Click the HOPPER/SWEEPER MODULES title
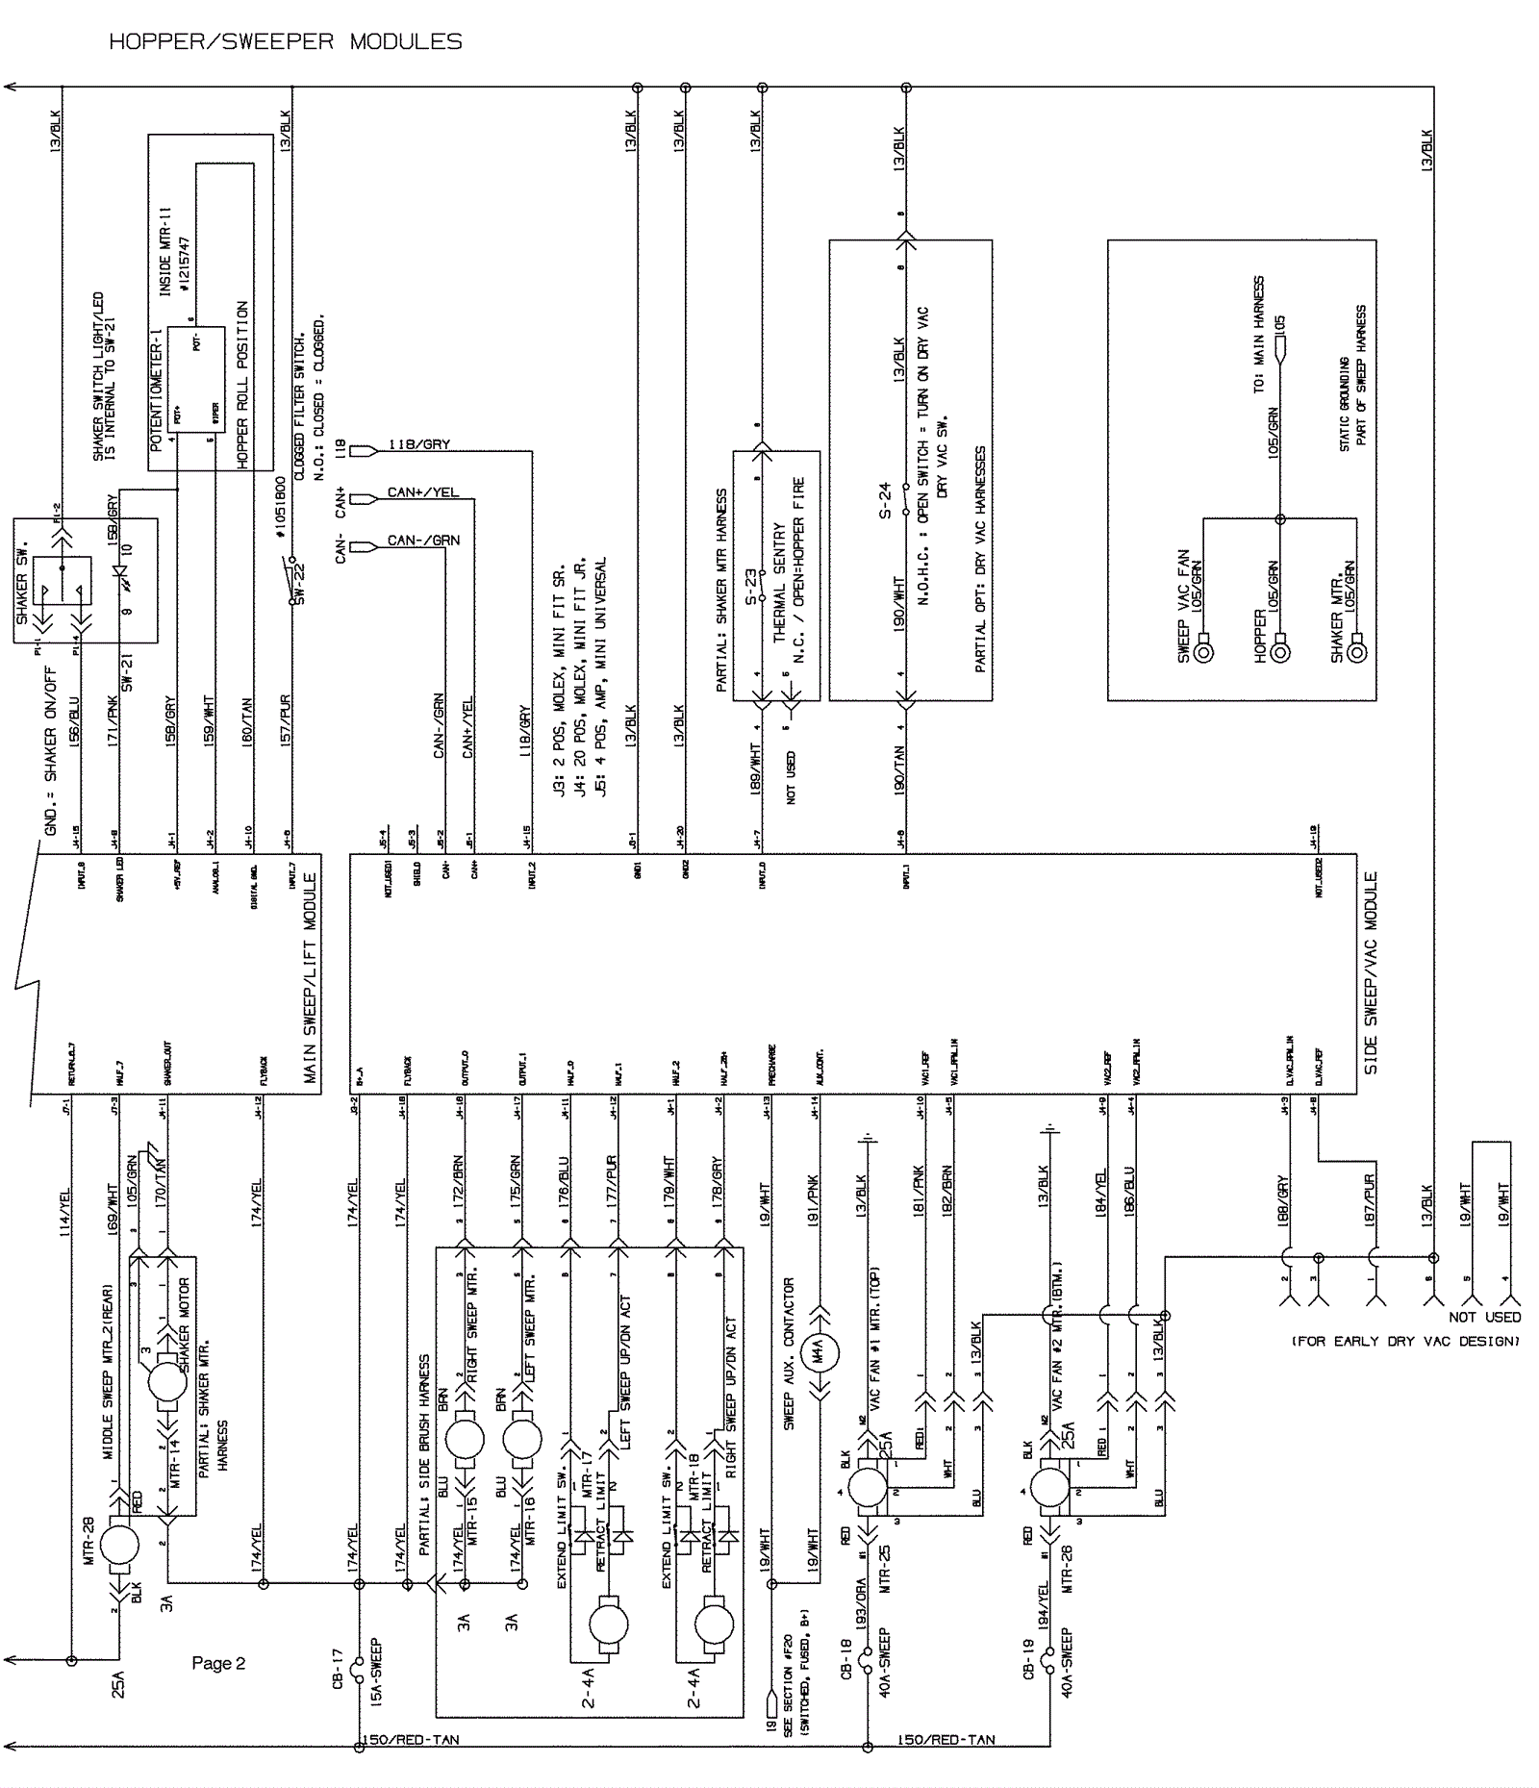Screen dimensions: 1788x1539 pyautogui.click(x=286, y=41)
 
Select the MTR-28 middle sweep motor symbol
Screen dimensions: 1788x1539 pyautogui.click(x=120, y=1546)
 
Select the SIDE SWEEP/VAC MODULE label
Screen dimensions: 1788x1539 pyautogui.click(x=1371, y=972)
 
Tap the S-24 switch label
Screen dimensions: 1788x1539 pyautogui.click(x=885, y=500)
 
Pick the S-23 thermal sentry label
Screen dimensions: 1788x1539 pyautogui.click(x=751, y=587)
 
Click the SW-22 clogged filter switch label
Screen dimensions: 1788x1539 pyautogui.click(x=299, y=583)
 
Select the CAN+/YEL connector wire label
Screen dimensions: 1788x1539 pyautogui.click(x=422, y=492)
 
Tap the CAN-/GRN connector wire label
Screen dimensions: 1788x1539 pyautogui.click(x=423, y=541)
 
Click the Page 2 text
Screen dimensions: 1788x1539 pyautogui.click(x=218, y=1663)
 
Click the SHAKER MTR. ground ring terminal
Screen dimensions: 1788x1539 pyautogui.click(x=1357, y=652)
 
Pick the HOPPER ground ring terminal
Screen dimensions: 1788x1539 pyautogui.click(x=1280, y=652)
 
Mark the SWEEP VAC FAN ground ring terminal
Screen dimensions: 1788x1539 pyautogui.click(x=1203, y=652)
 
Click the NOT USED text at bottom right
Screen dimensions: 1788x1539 pyautogui.click(x=1484, y=1317)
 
